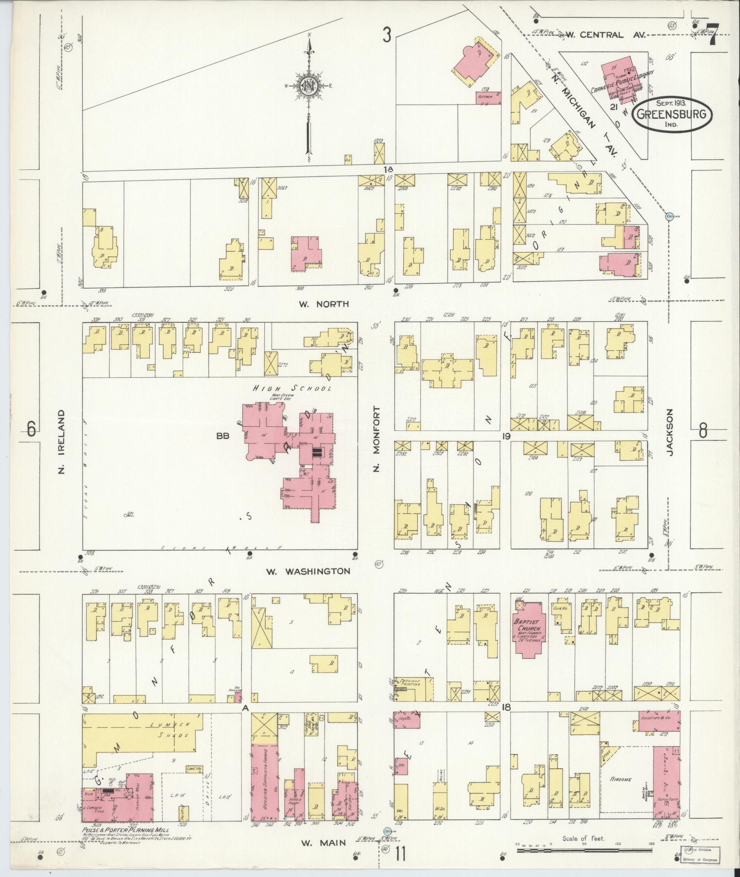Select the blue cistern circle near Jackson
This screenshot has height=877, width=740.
(x=670, y=217)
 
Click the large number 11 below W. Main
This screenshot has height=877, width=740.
(x=401, y=855)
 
